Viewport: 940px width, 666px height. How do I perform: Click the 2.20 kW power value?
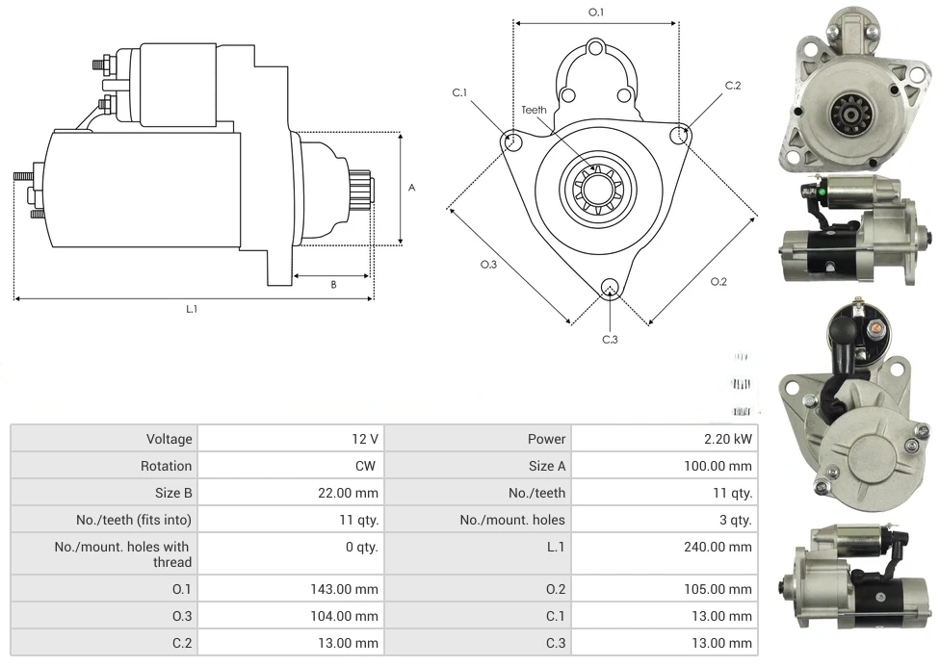click(x=729, y=439)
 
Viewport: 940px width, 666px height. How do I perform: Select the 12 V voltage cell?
click(x=365, y=439)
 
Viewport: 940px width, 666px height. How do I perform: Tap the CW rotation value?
click(x=368, y=466)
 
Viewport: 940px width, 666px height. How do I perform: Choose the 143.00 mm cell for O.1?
click(x=352, y=589)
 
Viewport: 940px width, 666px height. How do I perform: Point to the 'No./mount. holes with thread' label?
click(x=123, y=554)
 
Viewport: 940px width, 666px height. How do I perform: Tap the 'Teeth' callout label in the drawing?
click(x=534, y=110)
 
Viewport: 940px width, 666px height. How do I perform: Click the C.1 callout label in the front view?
click(x=459, y=92)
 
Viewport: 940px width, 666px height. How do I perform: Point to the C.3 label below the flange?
click(x=610, y=339)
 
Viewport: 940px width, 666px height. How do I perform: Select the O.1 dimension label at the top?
click(x=596, y=13)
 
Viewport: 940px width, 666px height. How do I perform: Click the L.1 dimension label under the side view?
click(x=192, y=309)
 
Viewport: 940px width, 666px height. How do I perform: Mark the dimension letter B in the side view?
click(x=333, y=284)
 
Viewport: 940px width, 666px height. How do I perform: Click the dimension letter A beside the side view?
click(x=411, y=188)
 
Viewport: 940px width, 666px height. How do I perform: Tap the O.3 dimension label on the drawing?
click(x=488, y=265)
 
